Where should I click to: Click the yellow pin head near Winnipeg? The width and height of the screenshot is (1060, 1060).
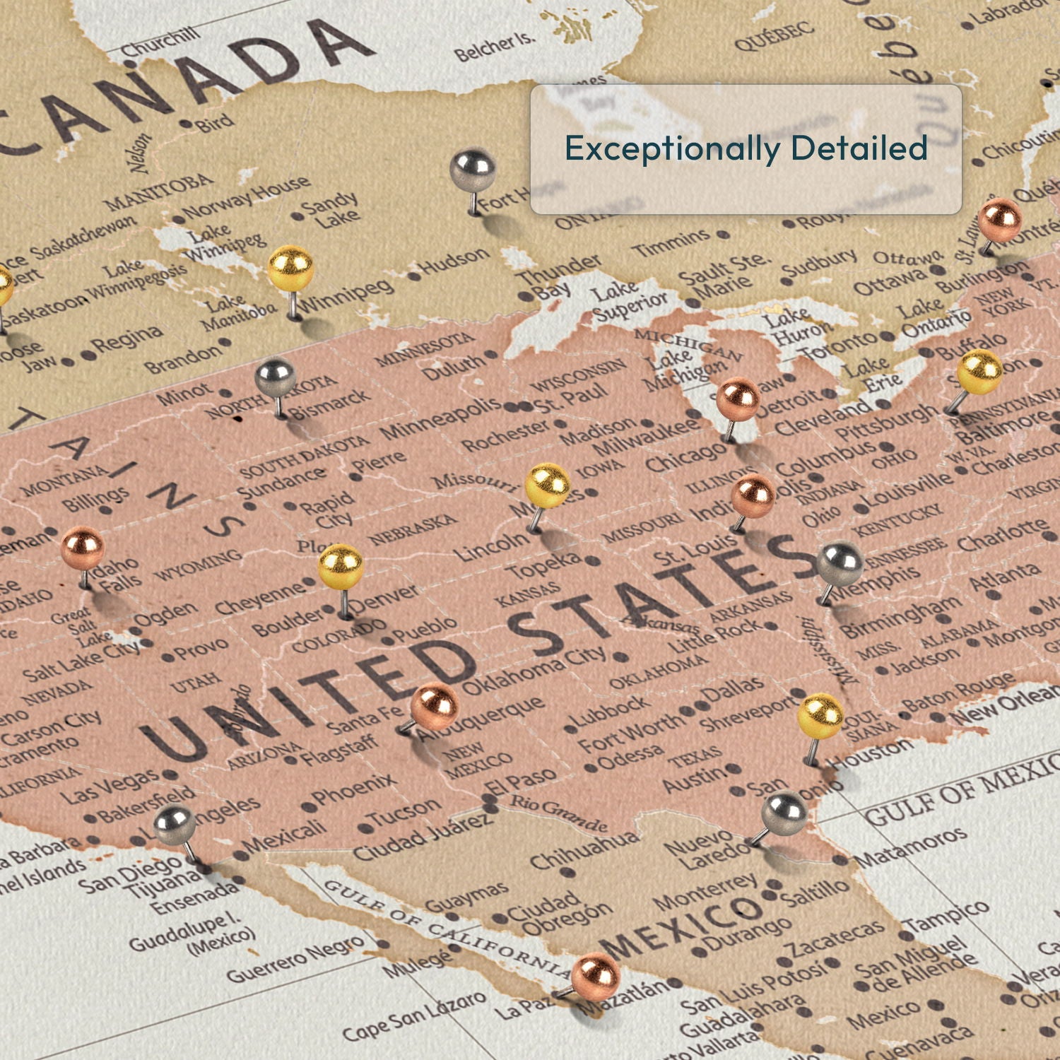point(290,268)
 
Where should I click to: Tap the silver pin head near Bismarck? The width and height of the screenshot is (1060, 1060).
point(276,377)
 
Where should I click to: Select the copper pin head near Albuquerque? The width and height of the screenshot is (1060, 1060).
point(435,707)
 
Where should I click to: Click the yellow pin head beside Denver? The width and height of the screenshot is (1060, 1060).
point(341,566)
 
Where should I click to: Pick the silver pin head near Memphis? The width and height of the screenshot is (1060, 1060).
point(840,563)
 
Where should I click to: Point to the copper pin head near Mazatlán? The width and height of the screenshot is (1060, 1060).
point(596,975)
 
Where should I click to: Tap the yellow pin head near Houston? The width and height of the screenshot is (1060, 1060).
point(820,716)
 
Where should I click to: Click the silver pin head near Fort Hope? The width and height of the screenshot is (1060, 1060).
point(473,170)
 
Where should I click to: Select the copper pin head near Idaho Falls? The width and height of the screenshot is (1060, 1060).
point(82,548)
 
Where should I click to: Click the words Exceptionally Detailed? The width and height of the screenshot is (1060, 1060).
point(746,148)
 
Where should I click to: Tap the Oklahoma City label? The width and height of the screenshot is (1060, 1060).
point(535,671)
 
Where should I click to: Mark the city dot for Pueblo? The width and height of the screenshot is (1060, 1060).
point(387,640)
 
